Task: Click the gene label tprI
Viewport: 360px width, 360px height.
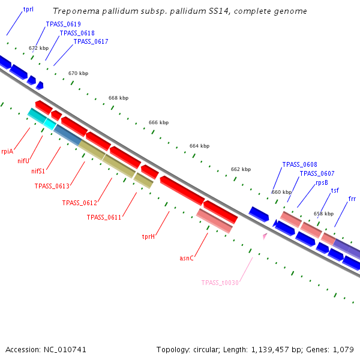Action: click(x=28, y=10)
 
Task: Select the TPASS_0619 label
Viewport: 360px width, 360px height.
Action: click(x=63, y=25)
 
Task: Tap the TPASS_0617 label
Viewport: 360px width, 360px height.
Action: click(x=91, y=41)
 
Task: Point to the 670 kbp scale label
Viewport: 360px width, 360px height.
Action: click(x=78, y=73)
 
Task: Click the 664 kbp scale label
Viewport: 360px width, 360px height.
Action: click(x=199, y=146)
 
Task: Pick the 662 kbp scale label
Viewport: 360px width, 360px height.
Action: click(x=241, y=169)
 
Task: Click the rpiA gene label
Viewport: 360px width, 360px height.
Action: click(x=7, y=152)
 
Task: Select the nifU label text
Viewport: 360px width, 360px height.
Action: click(x=23, y=161)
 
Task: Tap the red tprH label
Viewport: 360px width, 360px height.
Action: click(x=149, y=236)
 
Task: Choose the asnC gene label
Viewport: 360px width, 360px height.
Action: click(x=186, y=259)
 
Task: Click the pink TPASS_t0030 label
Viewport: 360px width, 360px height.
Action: click(x=220, y=283)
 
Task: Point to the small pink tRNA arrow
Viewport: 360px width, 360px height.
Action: click(x=264, y=236)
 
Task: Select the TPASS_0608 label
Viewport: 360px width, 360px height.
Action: click(x=299, y=164)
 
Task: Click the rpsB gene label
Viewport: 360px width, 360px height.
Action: click(x=322, y=182)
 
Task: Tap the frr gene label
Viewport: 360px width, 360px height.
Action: click(x=352, y=199)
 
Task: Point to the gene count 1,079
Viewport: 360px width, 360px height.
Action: click(x=344, y=349)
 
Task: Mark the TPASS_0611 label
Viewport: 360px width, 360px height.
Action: click(x=104, y=217)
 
